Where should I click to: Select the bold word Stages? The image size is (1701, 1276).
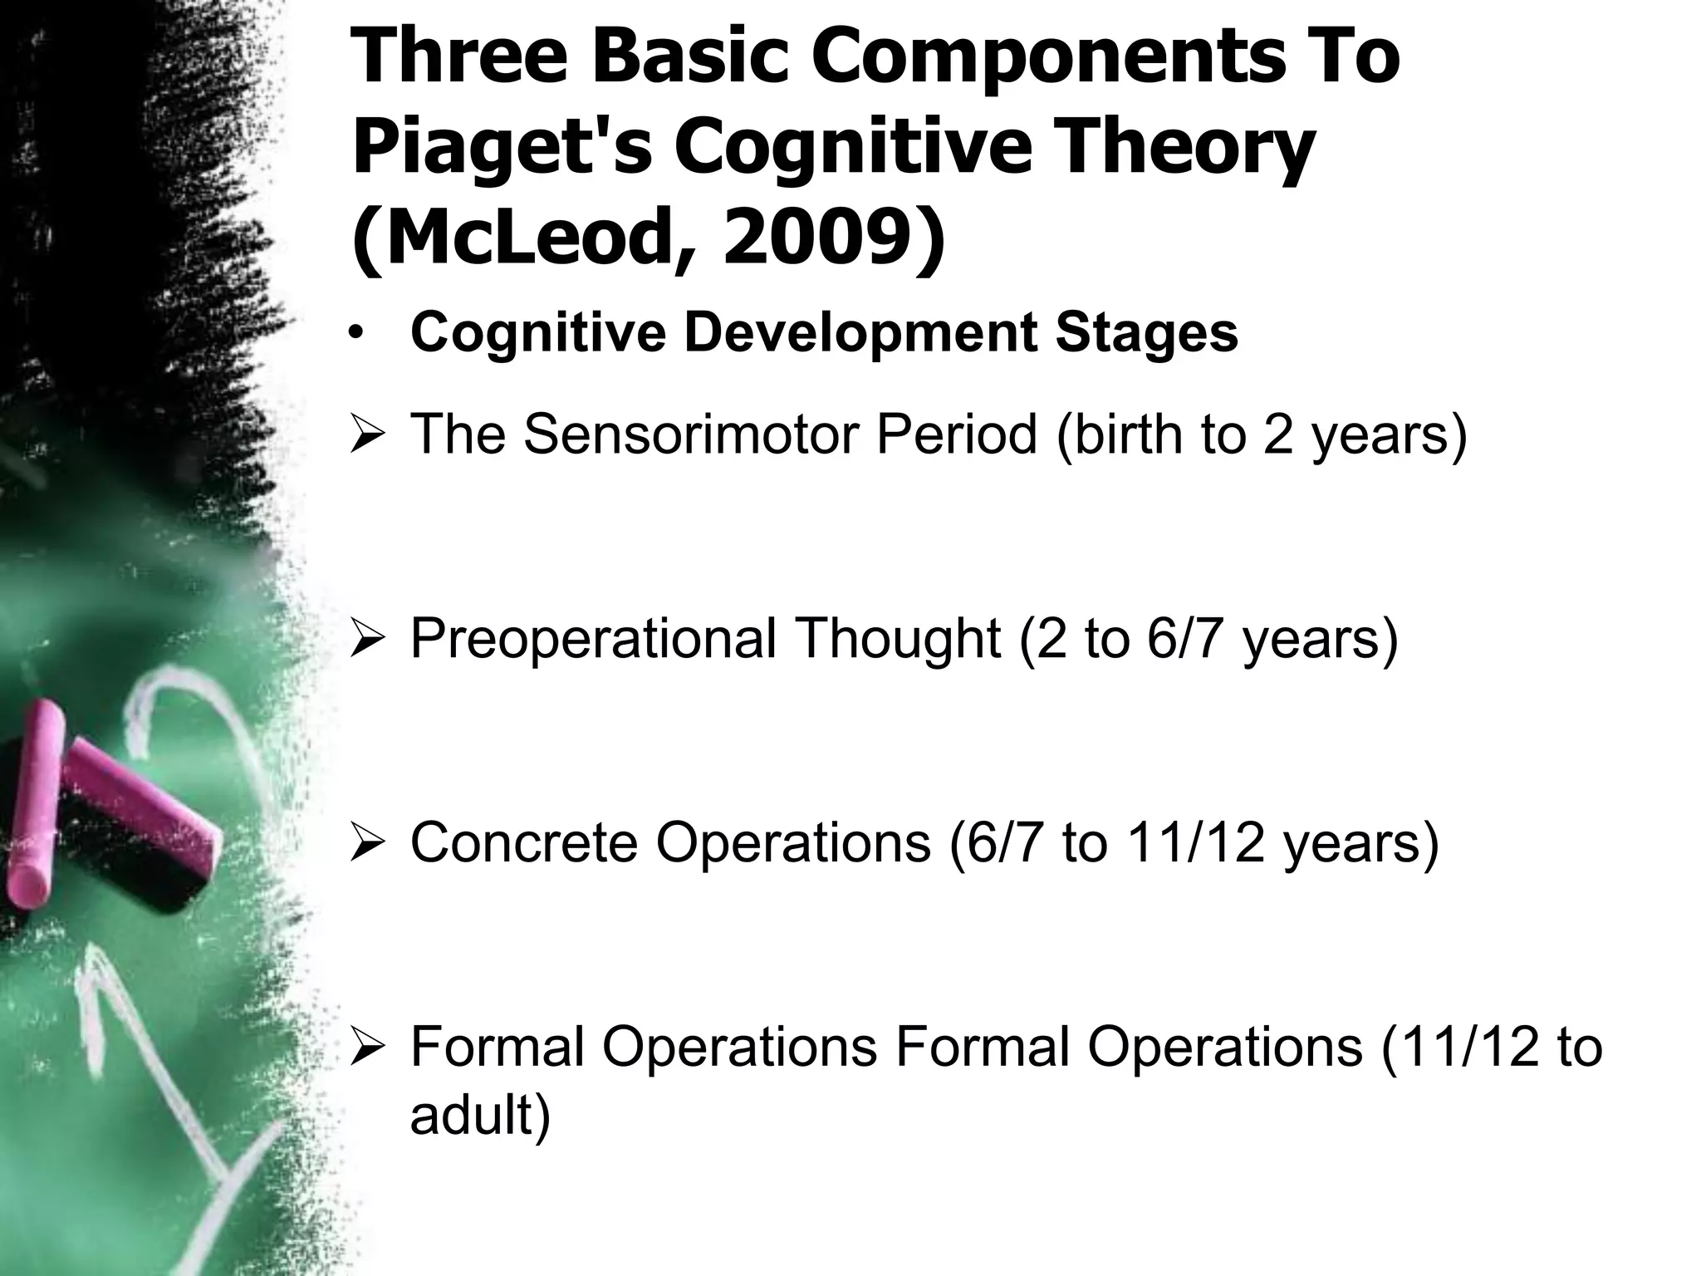tap(1146, 333)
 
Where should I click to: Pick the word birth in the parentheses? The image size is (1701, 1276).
tap(1121, 434)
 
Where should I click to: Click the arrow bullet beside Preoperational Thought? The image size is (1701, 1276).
tap(365, 640)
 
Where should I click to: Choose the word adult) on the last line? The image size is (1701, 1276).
tap(480, 1115)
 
